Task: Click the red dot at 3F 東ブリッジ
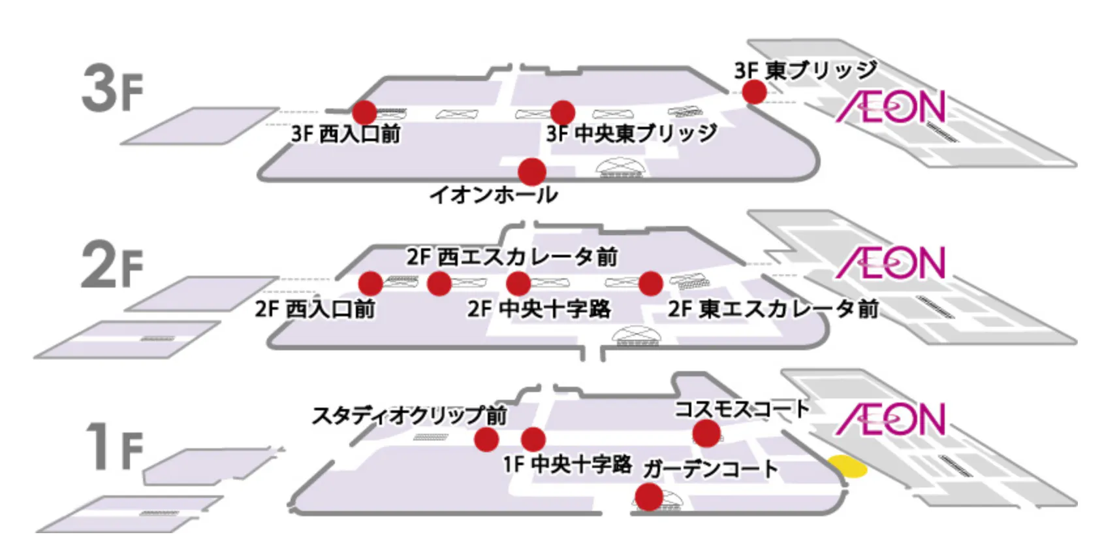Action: (754, 92)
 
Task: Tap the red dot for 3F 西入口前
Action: (364, 112)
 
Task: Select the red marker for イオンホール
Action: (532, 172)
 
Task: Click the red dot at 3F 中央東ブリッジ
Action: (562, 112)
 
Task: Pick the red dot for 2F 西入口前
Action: (370, 284)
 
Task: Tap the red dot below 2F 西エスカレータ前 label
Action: (439, 284)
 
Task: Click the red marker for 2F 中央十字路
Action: (518, 284)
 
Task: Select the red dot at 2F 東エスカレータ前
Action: (650, 284)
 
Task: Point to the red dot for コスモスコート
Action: (706, 433)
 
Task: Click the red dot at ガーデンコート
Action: (649, 497)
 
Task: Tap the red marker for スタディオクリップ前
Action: (486, 440)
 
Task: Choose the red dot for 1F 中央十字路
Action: (533, 440)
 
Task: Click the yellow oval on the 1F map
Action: (847, 467)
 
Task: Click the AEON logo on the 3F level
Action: (890, 107)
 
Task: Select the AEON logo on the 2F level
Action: (890, 263)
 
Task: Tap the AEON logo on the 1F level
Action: (890, 419)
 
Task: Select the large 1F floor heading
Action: (115, 447)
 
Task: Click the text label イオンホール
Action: (494, 195)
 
